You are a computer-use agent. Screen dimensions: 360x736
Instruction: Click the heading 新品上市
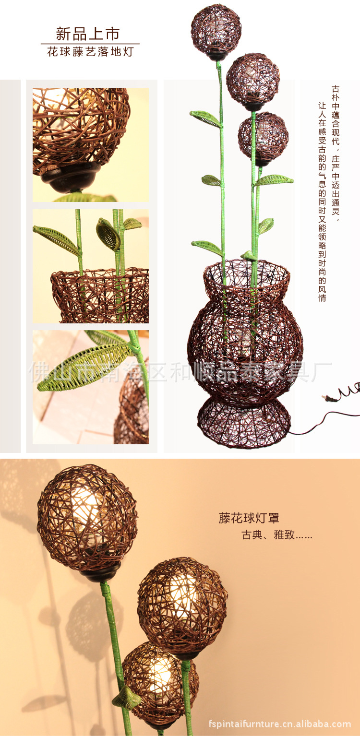tap(87, 34)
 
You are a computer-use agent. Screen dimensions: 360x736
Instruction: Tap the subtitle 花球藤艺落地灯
tap(90, 52)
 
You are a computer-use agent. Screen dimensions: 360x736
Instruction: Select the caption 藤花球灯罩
tap(249, 518)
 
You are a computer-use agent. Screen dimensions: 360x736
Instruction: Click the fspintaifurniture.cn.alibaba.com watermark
tap(280, 724)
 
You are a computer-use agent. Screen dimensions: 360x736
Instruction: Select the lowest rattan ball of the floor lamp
tap(264, 136)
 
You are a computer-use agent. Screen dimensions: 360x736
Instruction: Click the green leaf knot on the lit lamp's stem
tap(127, 698)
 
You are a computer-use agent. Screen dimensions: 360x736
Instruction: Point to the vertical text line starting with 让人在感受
tap(322, 202)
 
